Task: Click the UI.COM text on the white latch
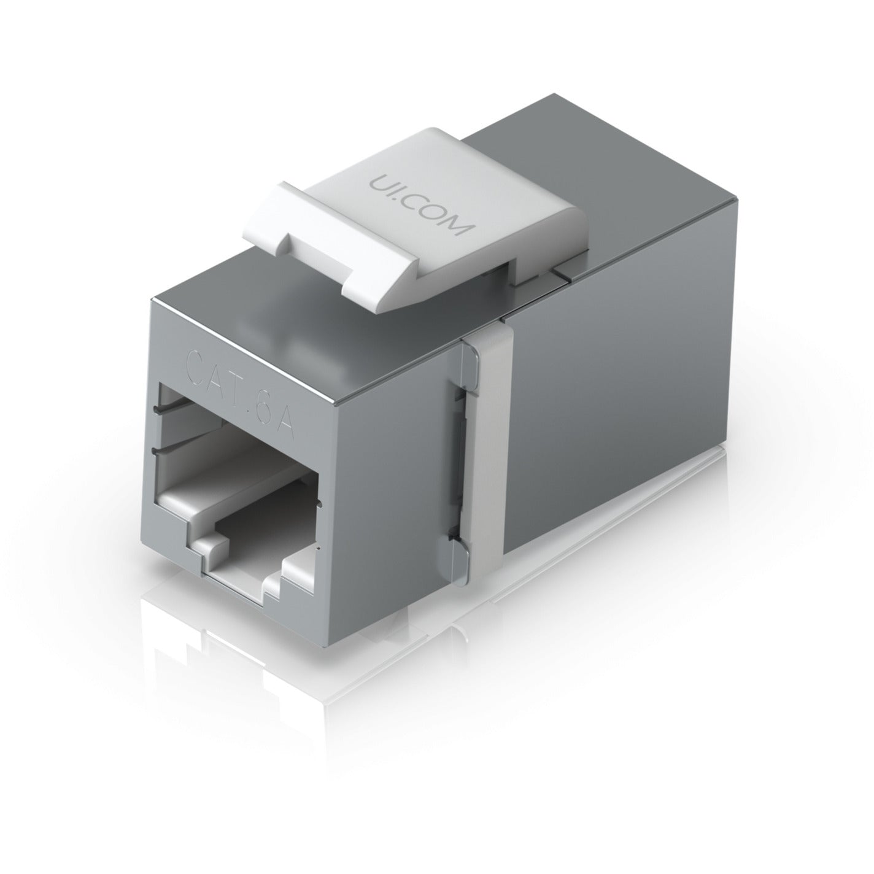click(x=420, y=206)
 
